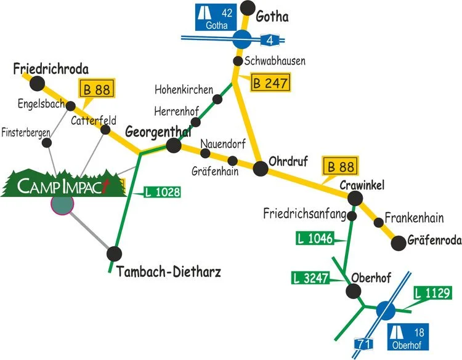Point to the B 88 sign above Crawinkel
[341, 167]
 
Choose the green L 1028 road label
[162, 192]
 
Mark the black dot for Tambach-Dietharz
[115, 254]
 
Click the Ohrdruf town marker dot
[260, 166]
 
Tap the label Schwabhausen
[275, 61]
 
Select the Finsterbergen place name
[26, 132]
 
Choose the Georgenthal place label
[158, 132]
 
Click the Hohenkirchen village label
[184, 89]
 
